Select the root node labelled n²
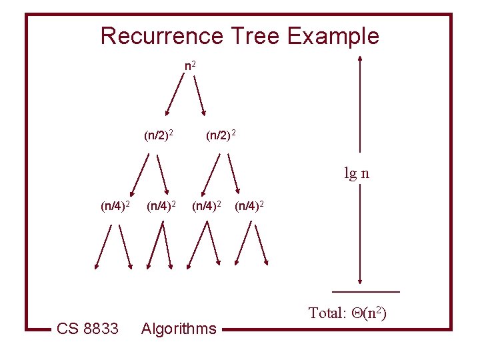click(190, 66)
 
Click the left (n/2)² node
click(159, 136)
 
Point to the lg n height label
click(357, 174)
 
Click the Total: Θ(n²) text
click(347, 313)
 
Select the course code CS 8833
click(87, 328)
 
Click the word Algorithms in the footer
click(179, 328)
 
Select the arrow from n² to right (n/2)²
click(200, 95)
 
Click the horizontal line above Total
click(366, 292)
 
